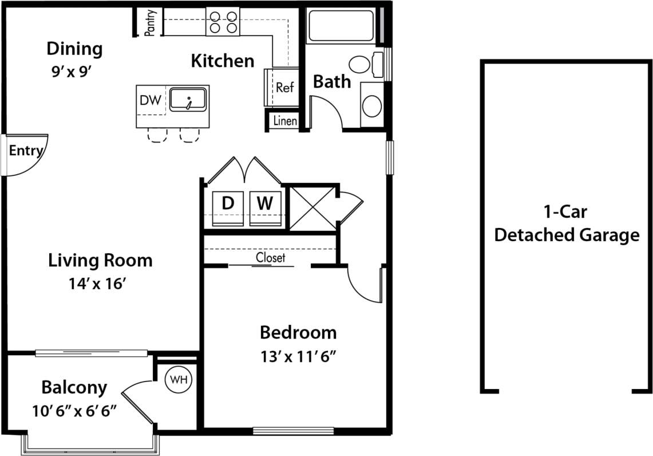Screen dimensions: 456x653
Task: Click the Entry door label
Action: point(26,151)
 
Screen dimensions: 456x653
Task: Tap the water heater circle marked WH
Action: point(179,379)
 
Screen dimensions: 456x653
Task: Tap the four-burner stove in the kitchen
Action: point(223,22)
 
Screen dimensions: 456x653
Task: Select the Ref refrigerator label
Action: point(284,88)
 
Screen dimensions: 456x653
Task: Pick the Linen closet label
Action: point(285,121)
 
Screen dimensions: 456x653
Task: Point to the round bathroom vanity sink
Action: point(373,105)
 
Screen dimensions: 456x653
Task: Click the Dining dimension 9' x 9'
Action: point(72,73)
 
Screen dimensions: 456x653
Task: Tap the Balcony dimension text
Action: point(75,411)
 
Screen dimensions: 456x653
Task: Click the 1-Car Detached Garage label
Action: point(566,223)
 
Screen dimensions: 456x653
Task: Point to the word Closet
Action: point(270,258)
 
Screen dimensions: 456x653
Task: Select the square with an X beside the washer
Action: point(312,207)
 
